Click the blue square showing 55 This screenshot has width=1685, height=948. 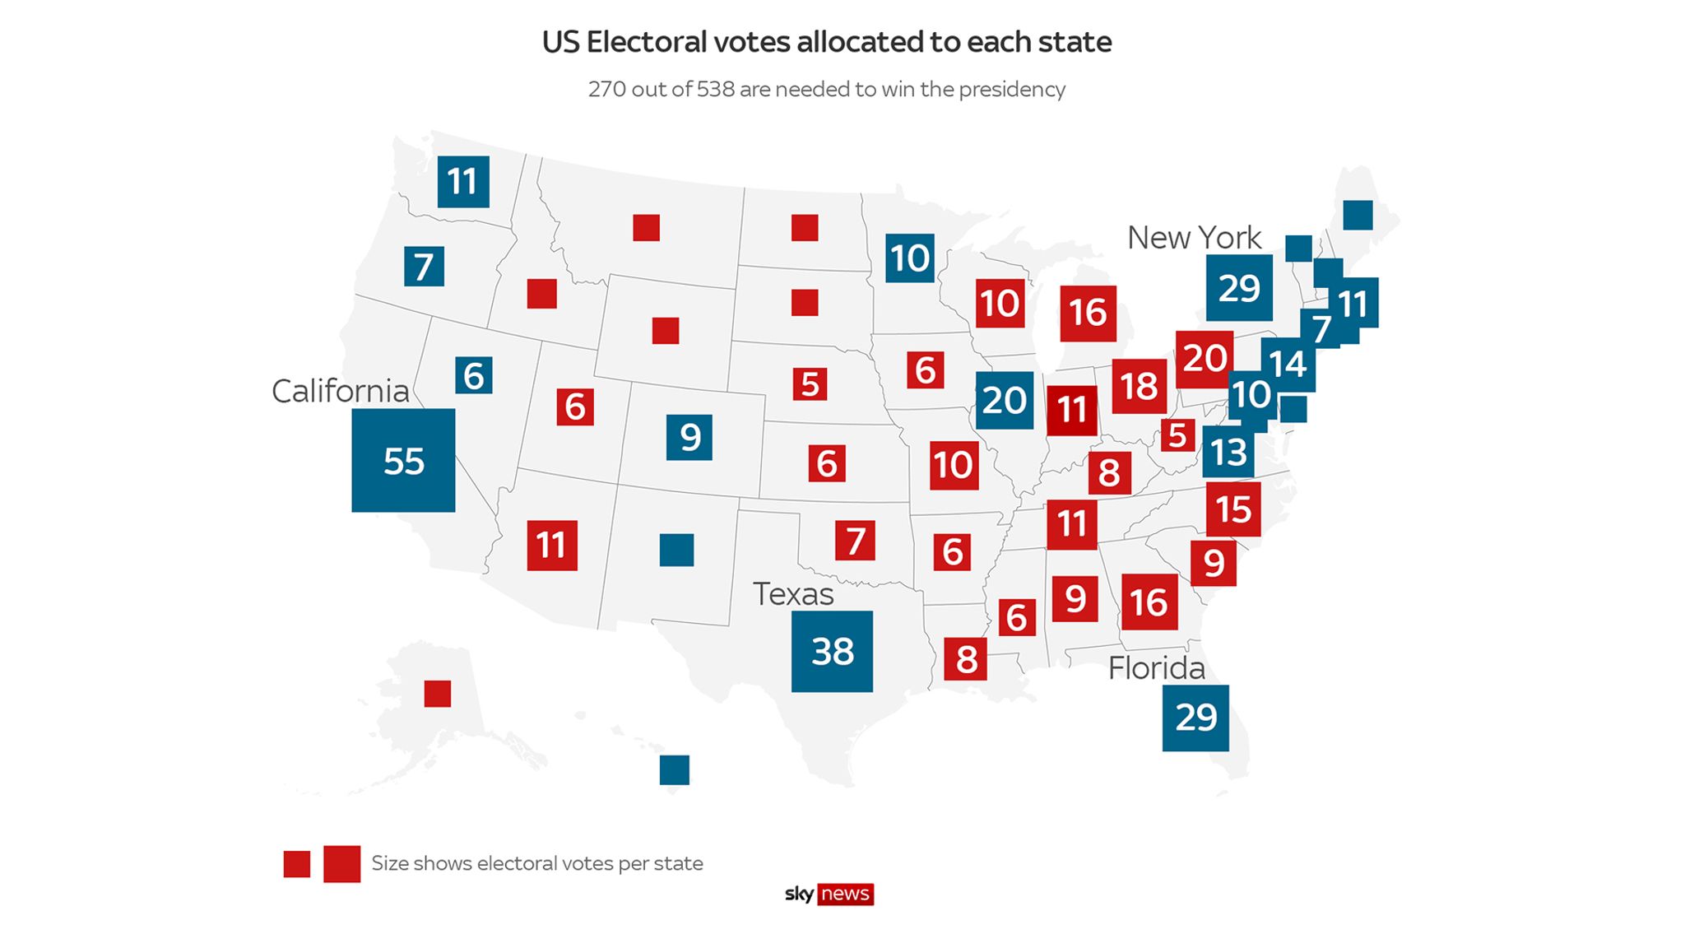pos(403,460)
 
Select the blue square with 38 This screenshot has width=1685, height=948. pos(832,651)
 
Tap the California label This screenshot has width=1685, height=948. pos(340,391)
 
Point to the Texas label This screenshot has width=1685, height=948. pos(793,594)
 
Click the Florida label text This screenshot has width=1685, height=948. pos(1156,668)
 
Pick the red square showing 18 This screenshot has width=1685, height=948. pos(1139,386)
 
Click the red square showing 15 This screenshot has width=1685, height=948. pos(1233,509)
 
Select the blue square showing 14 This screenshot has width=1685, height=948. pos(1288,364)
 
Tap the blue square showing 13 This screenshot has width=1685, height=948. pos(1228,452)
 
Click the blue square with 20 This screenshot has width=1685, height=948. pos(1004,401)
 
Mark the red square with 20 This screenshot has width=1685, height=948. pos(1205,358)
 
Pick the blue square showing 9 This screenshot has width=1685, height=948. pos(689,437)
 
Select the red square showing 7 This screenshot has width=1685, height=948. pos(855,541)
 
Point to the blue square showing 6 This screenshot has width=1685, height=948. pos(474,375)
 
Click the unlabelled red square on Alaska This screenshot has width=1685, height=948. pos(438,694)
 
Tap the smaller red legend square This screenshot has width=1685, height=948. pos(297,864)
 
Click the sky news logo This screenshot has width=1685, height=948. pos(829,894)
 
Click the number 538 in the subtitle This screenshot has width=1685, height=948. pos(715,89)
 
